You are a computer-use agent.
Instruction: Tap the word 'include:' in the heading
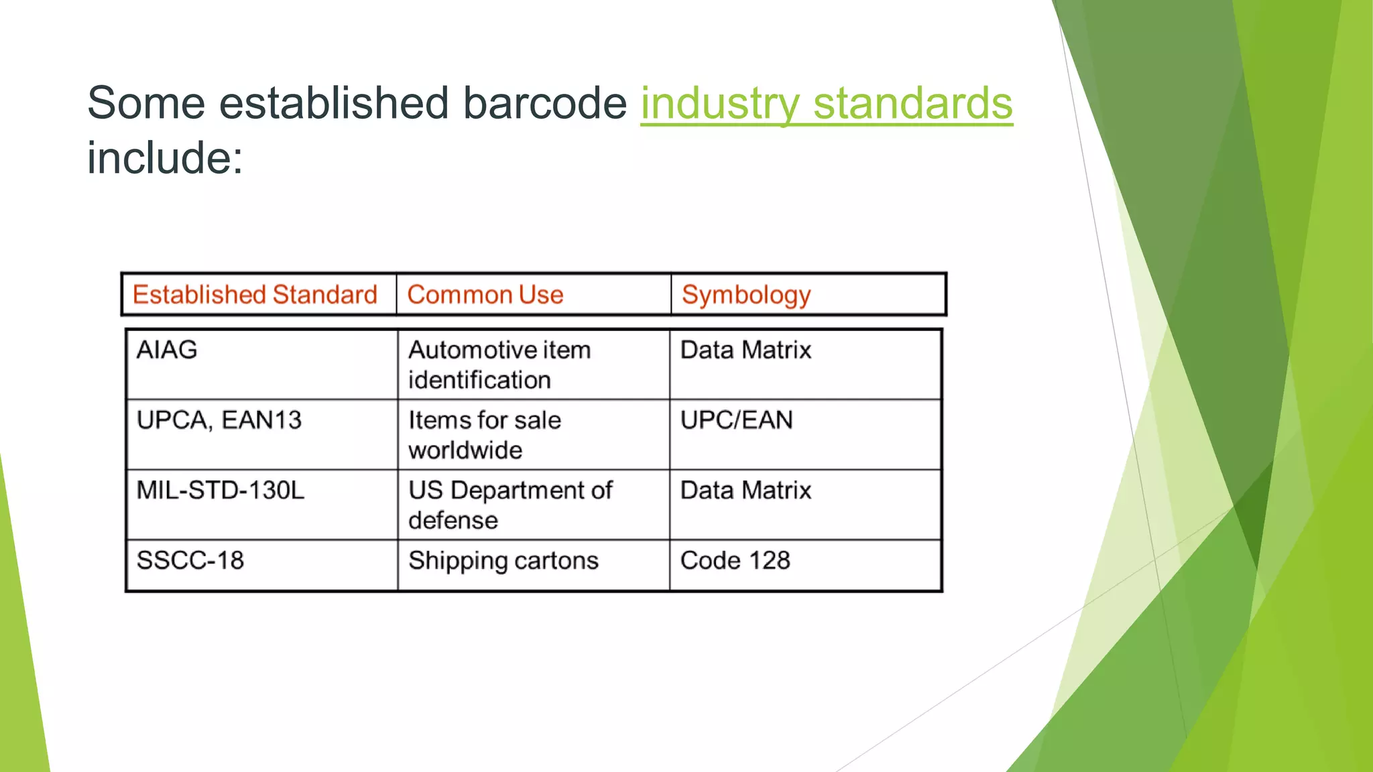tap(165, 158)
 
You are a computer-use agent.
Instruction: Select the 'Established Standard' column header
tap(255, 295)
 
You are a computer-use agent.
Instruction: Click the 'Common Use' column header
tap(485, 295)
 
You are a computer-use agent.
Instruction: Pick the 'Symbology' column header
tap(746, 295)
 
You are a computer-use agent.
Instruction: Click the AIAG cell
tap(167, 350)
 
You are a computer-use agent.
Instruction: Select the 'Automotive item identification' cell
tap(499, 365)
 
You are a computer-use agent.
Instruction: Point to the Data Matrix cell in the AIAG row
tap(745, 350)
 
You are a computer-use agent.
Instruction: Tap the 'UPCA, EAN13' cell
tap(219, 420)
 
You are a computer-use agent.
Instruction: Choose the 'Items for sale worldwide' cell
tap(485, 435)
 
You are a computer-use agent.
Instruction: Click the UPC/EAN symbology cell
tap(736, 420)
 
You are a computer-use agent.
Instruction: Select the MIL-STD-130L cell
tap(221, 491)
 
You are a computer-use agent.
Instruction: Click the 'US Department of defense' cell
tap(510, 505)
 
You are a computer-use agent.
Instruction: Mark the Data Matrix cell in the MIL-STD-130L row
tap(745, 491)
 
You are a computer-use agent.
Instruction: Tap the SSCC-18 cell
tap(190, 560)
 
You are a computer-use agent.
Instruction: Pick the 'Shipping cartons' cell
tap(503, 560)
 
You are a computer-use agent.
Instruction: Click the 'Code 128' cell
tap(735, 560)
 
